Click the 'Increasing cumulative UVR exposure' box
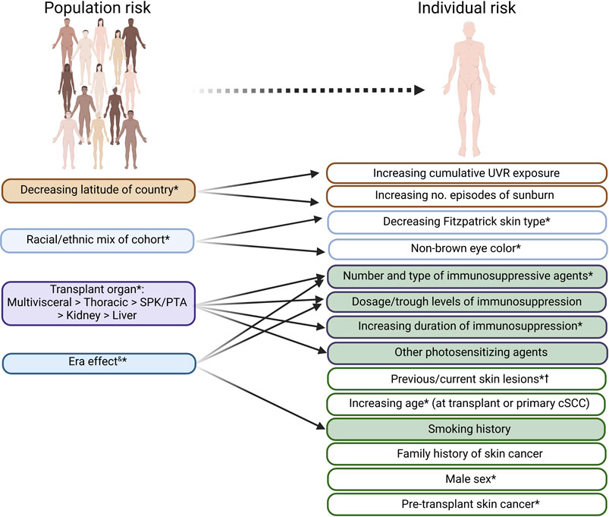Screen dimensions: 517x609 click(466, 173)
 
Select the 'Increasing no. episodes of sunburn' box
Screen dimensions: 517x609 click(466, 197)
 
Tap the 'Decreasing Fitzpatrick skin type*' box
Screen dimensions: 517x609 click(466, 223)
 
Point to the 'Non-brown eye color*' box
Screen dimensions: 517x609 click(466, 249)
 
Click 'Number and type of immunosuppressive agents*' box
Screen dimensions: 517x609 click(466, 276)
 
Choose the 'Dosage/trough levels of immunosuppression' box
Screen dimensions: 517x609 click(466, 301)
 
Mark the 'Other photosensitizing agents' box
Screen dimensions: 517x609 click(466, 352)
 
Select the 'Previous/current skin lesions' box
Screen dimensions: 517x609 click(466, 378)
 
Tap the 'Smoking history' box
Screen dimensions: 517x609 click(466, 429)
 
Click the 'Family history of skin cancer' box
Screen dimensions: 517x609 click(466, 454)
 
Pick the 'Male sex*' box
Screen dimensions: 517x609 click(466, 480)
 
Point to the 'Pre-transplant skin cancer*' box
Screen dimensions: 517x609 click(466, 504)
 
